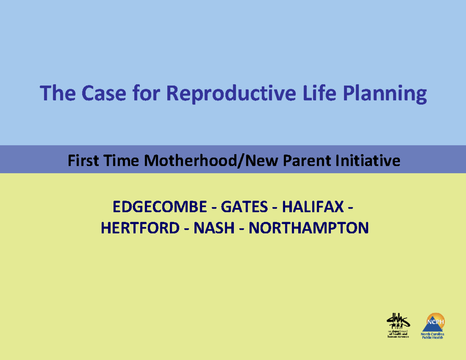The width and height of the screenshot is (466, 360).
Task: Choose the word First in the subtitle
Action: (x=82, y=160)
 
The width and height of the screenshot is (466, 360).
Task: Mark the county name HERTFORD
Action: (x=139, y=228)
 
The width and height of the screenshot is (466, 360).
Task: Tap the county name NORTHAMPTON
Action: (x=308, y=228)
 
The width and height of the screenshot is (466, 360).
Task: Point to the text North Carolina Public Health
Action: (x=433, y=336)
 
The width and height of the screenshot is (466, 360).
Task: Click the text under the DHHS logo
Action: (x=398, y=334)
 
